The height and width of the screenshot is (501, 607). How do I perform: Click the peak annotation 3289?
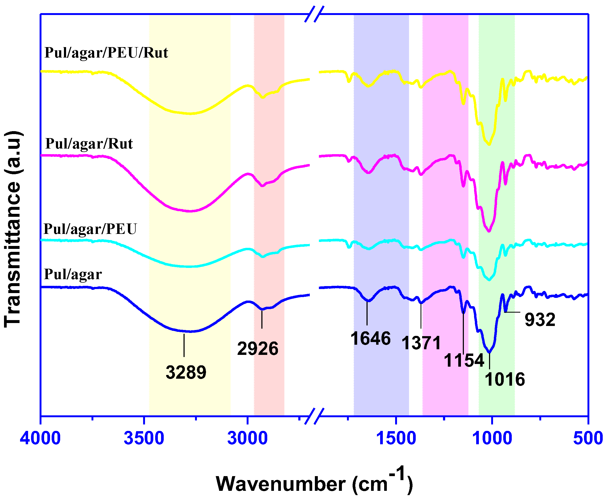[186, 372]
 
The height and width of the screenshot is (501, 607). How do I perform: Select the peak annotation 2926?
[258, 349]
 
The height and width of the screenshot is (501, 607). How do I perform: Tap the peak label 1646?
[371, 338]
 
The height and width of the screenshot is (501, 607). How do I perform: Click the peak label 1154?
[464, 360]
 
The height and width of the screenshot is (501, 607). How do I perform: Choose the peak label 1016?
[505, 379]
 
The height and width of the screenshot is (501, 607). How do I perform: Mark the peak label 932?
[540, 320]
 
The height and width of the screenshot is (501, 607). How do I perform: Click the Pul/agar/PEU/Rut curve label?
[106, 53]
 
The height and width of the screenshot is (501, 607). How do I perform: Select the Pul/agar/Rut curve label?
[89, 144]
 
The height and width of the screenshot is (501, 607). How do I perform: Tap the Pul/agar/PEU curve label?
[90, 229]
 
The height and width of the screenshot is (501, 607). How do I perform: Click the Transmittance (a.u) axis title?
[13, 229]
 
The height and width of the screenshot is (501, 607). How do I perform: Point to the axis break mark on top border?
[314, 14]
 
